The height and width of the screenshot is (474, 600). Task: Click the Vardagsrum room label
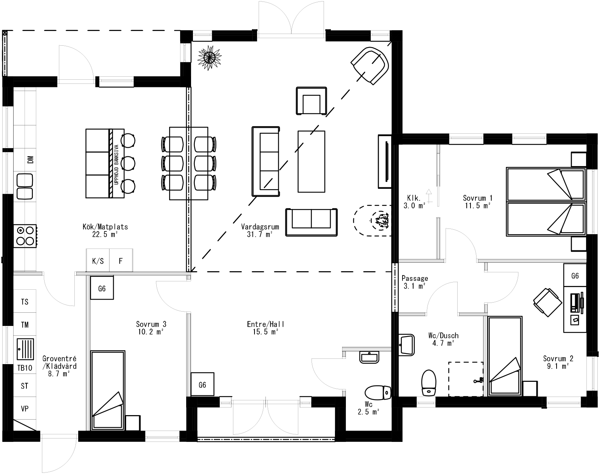pyautogui.click(x=260, y=230)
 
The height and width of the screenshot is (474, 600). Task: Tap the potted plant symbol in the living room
pyautogui.click(x=210, y=57)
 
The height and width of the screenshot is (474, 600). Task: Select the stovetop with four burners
pyautogui.click(x=25, y=236)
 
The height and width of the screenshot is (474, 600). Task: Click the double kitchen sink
pyautogui.click(x=25, y=186)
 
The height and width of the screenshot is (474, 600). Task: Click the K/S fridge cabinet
pyautogui.click(x=98, y=261)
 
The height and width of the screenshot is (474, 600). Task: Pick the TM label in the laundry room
pyautogui.click(x=25, y=325)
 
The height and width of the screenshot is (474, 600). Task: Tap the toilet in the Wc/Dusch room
pyautogui.click(x=429, y=383)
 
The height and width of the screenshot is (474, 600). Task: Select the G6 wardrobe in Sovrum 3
pyautogui.click(x=102, y=289)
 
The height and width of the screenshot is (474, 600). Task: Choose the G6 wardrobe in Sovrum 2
pyautogui.click(x=575, y=276)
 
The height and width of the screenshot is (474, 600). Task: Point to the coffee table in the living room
pyautogui.click(x=311, y=161)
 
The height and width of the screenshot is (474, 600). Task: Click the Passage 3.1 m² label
pyautogui.click(x=415, y=282)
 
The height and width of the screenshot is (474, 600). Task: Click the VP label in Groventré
pyautogui.click(x=25, y=409)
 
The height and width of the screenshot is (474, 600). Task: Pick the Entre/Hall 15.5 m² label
pyautogui.click(x=265, y=328)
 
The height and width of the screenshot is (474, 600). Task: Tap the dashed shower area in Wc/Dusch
pyautogui.click(x=466, y=379)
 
